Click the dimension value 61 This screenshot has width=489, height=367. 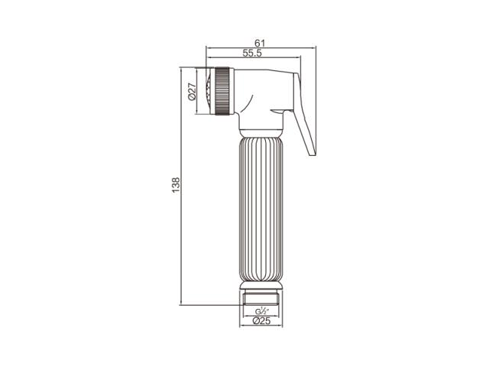pyautogui.click(x=260, y=43)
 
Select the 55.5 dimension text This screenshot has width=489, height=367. pyautogui.click(x=252, y=53)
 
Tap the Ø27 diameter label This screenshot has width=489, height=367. pyautogui.click(x=192, y=91)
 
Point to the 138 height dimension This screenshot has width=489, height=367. pyautogui.click(x=176, y=185)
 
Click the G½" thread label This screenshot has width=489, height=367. pyautogui.click(x=261, y=311)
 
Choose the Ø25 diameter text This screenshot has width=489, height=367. pyautogui.click(x=261, y=320)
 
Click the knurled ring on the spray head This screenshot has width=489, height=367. pyautogui.click(x=222, y=91)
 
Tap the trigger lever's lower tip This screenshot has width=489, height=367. pyautogui.click(x=313, y=154)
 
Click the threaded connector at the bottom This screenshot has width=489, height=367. pyautogui.click(x=261, y=297)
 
